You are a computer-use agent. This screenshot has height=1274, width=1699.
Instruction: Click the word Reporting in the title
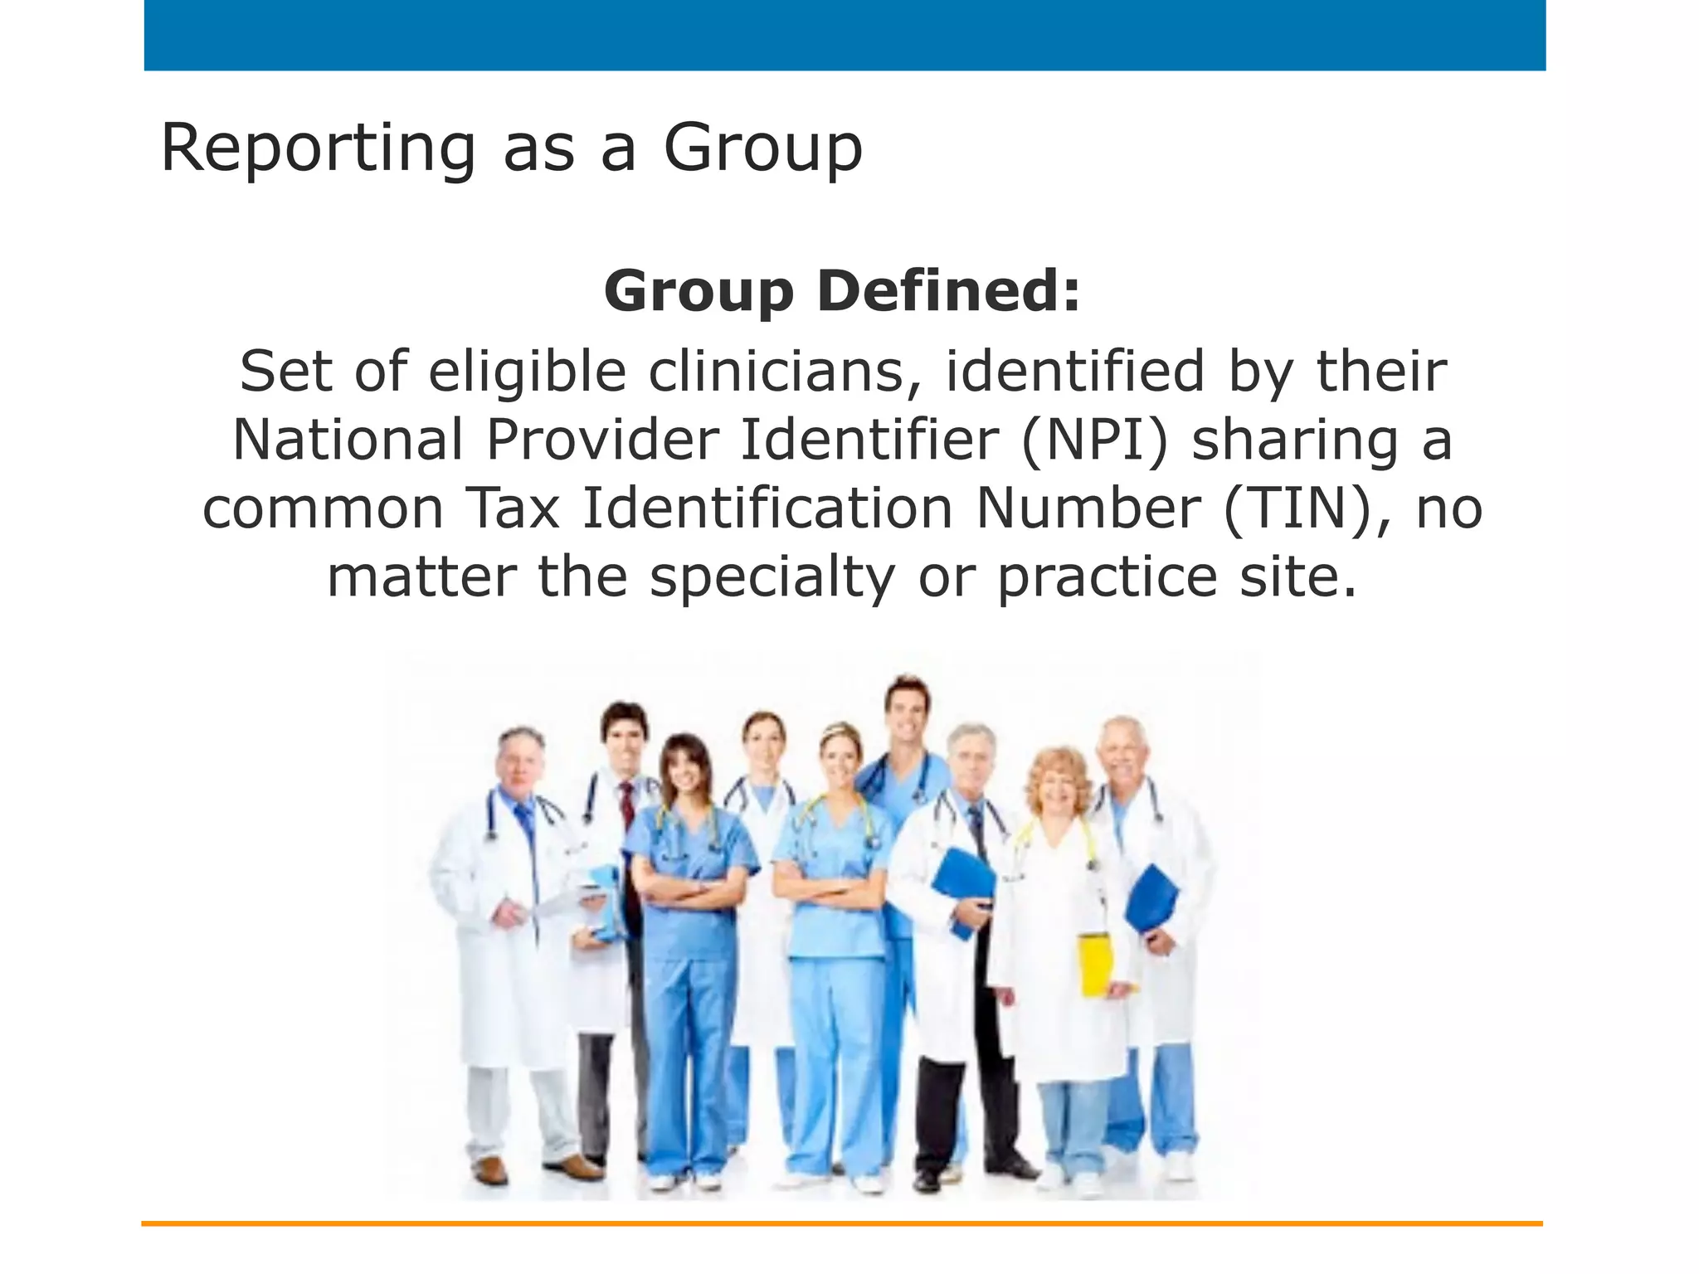point(318,149)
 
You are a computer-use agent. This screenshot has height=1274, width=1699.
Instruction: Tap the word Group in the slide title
point(762,149)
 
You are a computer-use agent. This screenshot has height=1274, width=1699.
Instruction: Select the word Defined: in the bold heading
point(949,291)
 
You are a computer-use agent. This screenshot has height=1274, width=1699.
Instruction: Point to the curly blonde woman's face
point(1059,784)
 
